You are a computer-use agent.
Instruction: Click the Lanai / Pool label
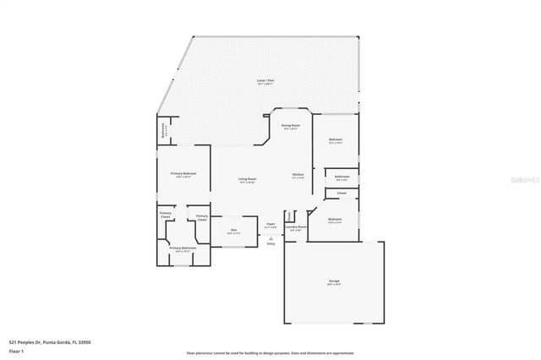pyautogui.click(x=265, y=81)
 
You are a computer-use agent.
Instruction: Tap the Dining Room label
pyautogui.click(x=291, y=125)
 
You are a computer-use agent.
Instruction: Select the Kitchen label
pyautogui.click(x=298, y=175)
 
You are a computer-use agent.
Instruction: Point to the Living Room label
pyautogui.click(x=247, y=179)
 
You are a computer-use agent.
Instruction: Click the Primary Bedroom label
pyautogui.click(x=183, y=173)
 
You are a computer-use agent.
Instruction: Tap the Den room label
pyautogui.click(x=232, y=229)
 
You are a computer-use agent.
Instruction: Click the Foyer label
pyautogui.click(x=270, y=224)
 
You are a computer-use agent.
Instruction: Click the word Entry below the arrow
pyautogui.click(x=270, y=243)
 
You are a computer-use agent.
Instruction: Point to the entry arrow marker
pyautogui.click(x=270, y=238)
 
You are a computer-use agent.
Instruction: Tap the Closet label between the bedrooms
pyautogui.click(x=342, y=194)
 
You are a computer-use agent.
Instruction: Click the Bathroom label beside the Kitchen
pyautogui.click(x=342, y=176)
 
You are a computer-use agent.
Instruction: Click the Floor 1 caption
pyautogui.click(x=16, y=349)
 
